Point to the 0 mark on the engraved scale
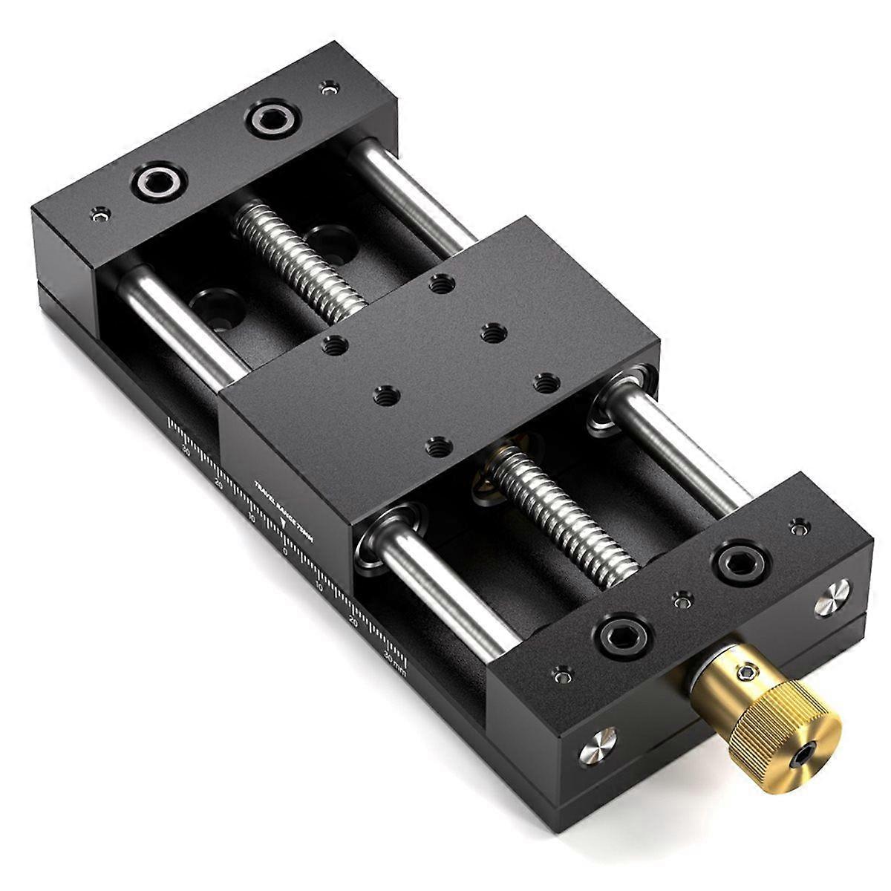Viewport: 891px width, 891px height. click(284, 551)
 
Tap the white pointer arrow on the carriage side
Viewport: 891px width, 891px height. click(285, 523)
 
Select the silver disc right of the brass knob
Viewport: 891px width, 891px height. click(832, 599)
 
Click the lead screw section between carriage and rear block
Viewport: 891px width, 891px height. click(297, 256)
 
